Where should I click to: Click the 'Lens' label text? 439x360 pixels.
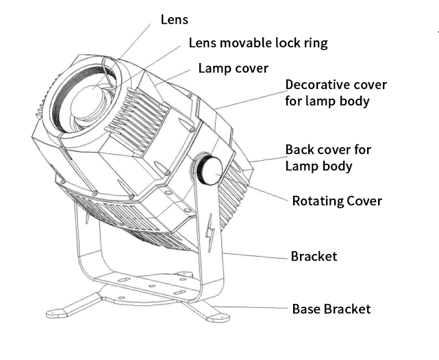click(x=174, y=19)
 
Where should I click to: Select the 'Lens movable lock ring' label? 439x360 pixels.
click(x=258, y=43)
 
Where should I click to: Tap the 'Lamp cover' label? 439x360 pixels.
click(x=233, y=68)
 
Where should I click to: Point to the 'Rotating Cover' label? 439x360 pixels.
click(x=337, y=201)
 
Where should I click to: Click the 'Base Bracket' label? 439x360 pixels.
click(x=331, y=309)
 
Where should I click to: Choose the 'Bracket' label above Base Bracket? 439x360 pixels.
click(x=314, y=257)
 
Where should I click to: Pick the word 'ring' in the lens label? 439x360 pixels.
click(x=314, y=43)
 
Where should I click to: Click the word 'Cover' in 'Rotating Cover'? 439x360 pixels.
click(x=363, y=201)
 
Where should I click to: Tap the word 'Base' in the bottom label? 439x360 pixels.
click(x=306, y=309)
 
